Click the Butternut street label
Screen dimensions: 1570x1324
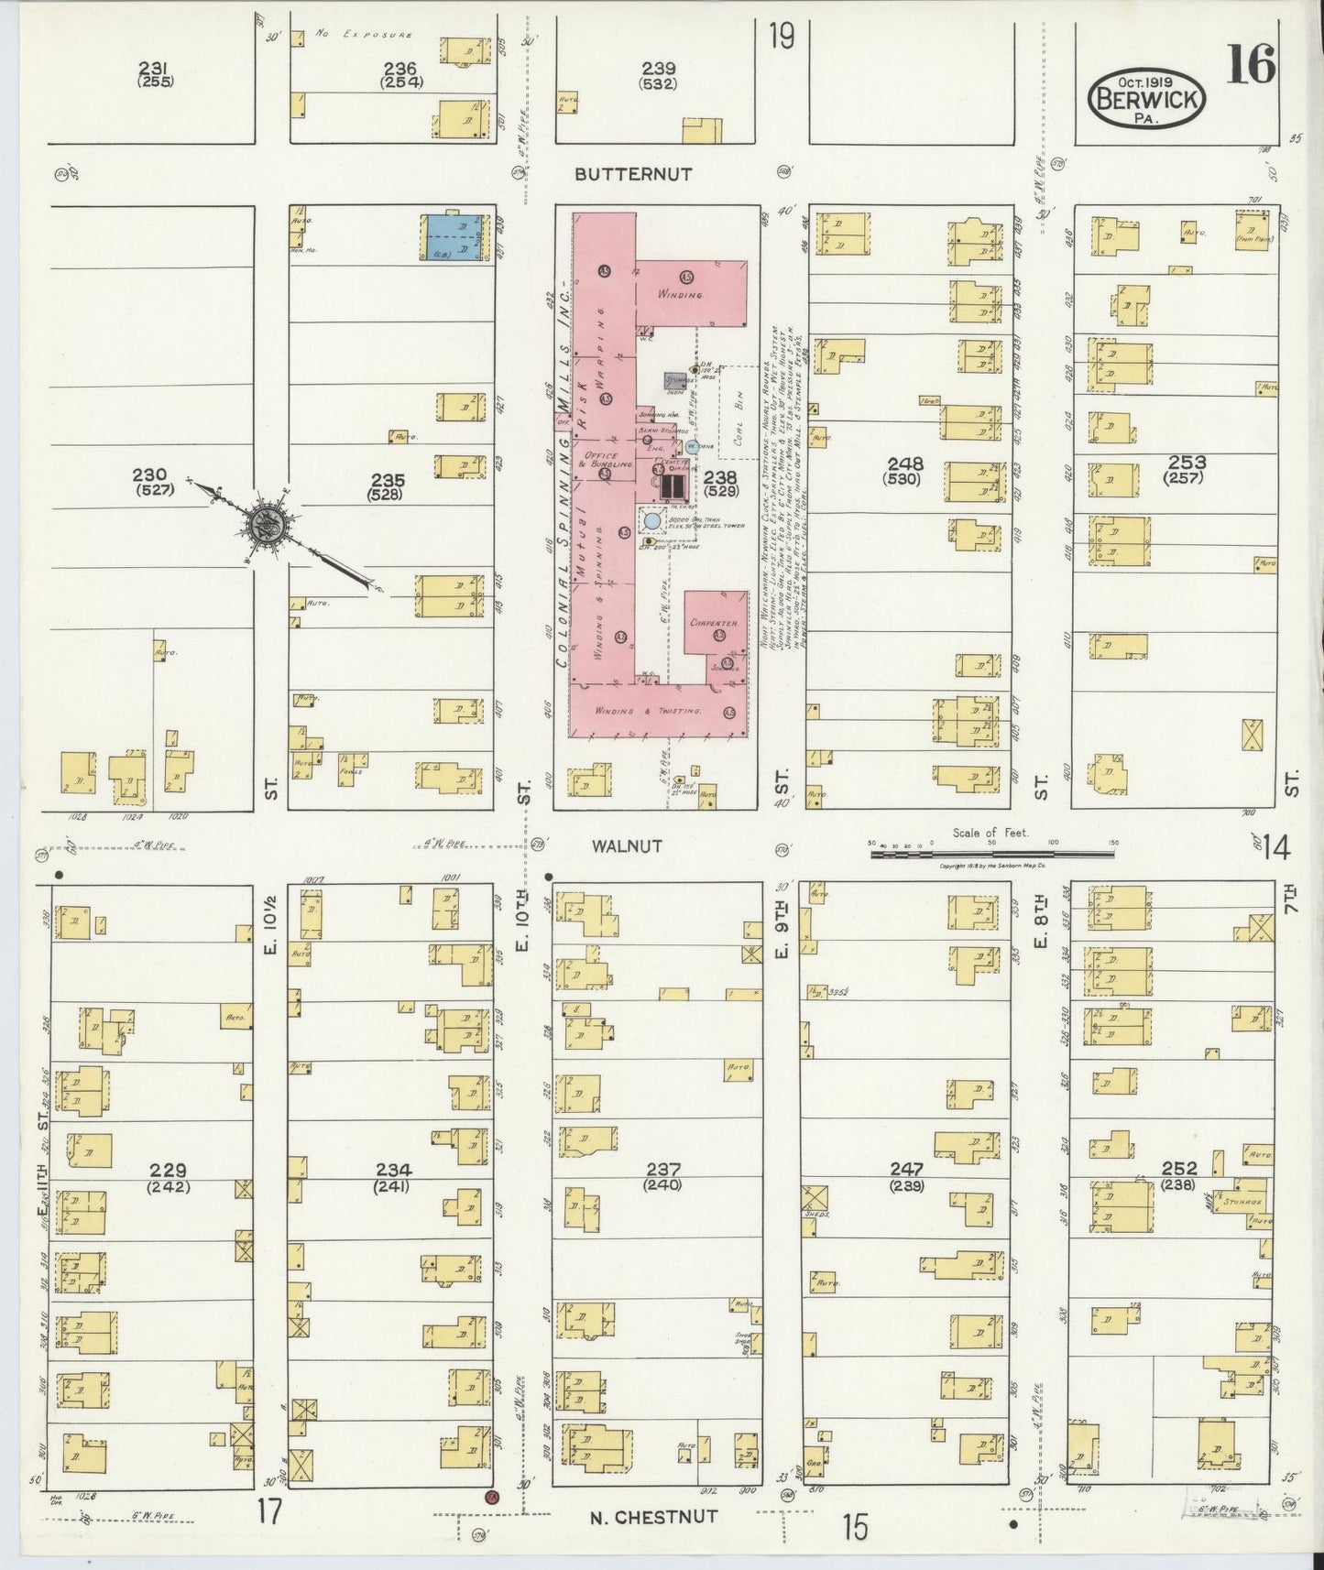pos(634,173)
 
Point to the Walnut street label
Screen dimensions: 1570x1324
pos(627,846)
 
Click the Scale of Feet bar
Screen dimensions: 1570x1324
pos(992,854)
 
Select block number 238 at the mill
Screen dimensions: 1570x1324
pos(719,476)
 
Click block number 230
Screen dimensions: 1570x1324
pos(149,474)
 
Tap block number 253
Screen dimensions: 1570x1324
pos(1187,462)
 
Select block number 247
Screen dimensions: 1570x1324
pos(905,1169)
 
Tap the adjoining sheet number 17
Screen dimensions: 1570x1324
pos(268,1510)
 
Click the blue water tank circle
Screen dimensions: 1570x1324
pos(651,520)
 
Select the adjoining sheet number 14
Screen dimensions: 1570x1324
pos(1275,848)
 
